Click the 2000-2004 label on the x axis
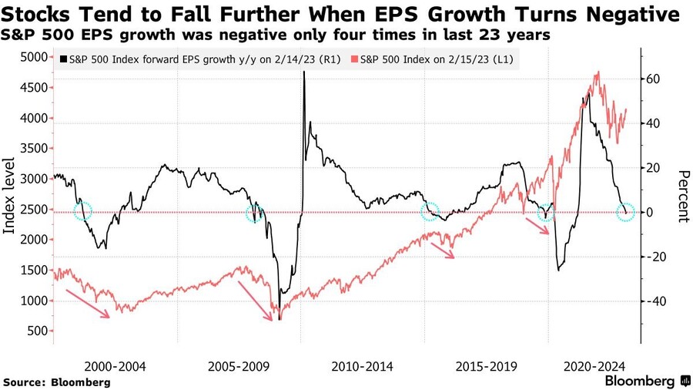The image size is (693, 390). point(115,365)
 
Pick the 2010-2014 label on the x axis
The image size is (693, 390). point(362,365)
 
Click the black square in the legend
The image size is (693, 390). point(62,59)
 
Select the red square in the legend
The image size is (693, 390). point(354,59)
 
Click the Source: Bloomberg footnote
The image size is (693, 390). point(56,382)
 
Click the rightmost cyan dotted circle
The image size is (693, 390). point(626,212)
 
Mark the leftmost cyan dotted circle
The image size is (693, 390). point(82,210)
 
